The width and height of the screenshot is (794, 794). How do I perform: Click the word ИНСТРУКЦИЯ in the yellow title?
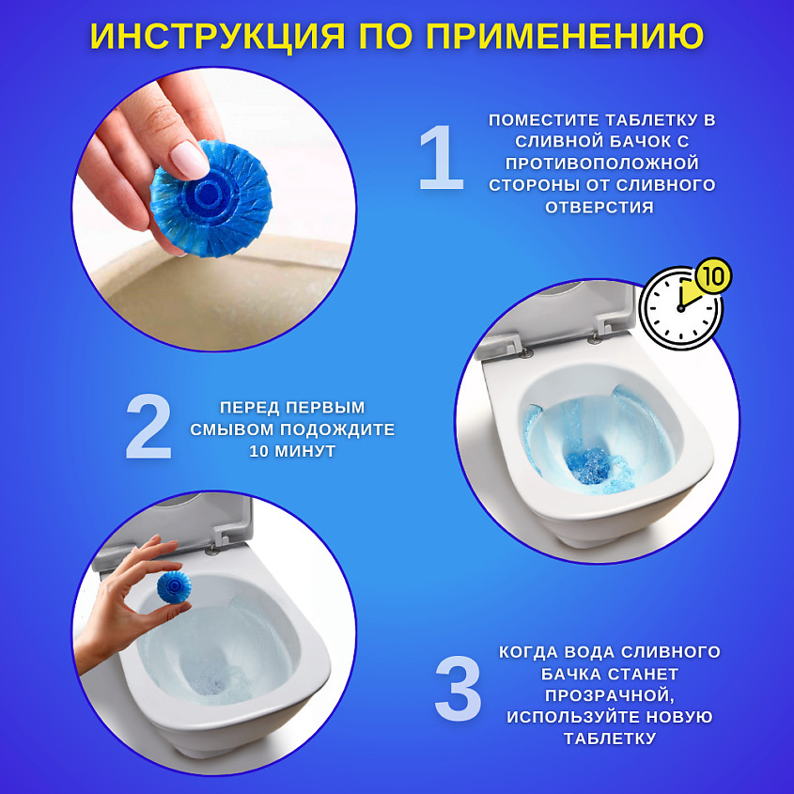(218, 36)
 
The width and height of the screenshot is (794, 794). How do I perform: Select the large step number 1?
(442, 158)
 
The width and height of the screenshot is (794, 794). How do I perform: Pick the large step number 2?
(148, 426)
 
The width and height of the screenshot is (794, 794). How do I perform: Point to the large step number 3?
(458, 688)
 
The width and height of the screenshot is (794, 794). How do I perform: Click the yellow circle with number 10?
(714, 276)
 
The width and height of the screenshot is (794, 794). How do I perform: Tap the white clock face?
(680, 308)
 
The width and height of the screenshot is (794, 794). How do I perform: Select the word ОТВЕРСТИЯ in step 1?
(599, 207)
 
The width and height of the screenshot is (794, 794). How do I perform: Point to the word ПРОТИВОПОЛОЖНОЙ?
(602, 163)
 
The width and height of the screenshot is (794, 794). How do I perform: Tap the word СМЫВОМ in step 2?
(232, 429)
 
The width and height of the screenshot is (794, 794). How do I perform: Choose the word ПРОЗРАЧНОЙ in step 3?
(610, 695)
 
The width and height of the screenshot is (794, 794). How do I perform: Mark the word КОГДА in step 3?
(529, 652)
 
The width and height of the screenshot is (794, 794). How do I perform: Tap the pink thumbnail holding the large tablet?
(189, 160)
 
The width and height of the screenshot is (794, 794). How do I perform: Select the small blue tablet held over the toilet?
(174, 587)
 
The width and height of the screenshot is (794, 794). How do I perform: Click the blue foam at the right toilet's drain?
(587, 465)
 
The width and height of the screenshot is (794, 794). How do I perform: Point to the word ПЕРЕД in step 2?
(248, 408)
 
